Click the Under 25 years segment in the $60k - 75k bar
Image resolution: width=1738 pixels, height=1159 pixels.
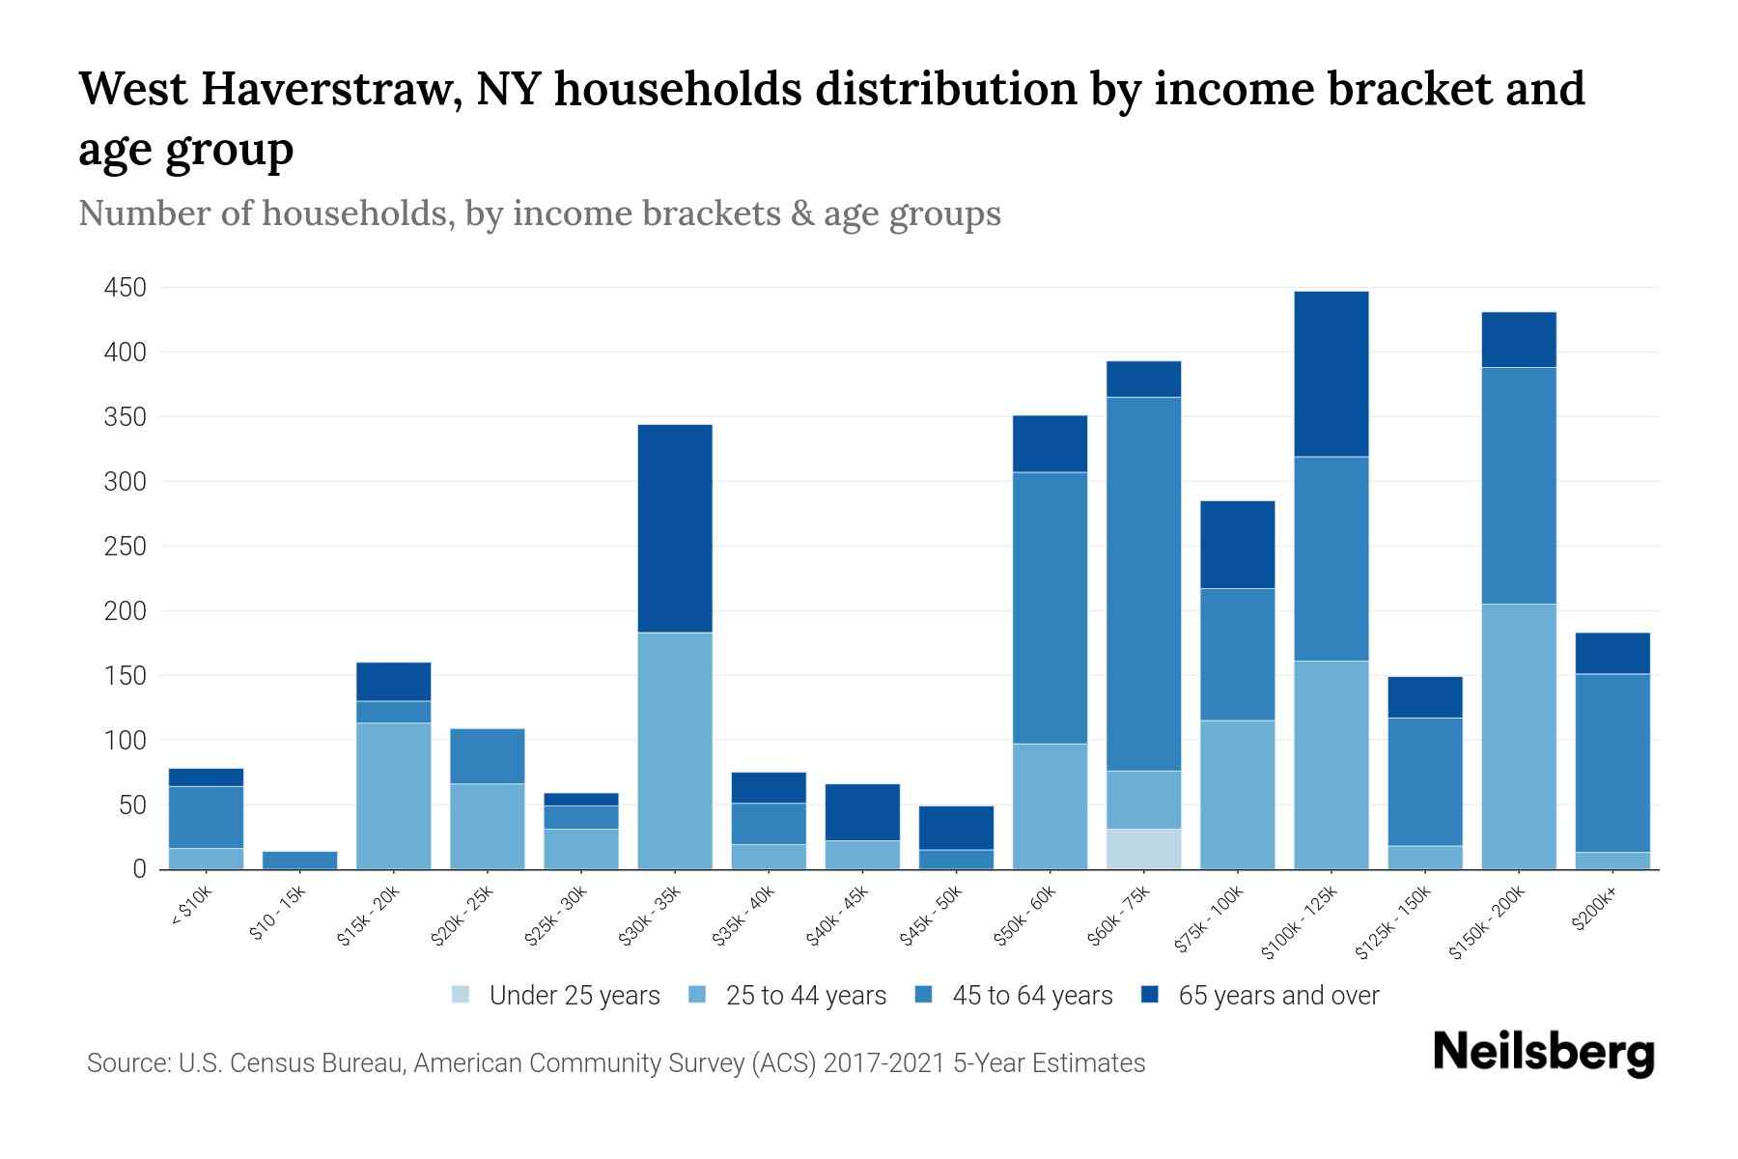pyautogui.click(x=1143, y=848)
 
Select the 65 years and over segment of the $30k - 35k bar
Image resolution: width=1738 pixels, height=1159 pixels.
pyautogui.click(x=675, y=528)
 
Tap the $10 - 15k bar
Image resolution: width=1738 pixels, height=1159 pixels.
pyautogui.click(x=299, y=860)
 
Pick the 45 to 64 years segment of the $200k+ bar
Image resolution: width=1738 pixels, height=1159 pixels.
pyautogui.click(x=1612, y=763)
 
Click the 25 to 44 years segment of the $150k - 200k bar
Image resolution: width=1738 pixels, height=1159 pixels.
pyautogui.click(x=1519, y=736)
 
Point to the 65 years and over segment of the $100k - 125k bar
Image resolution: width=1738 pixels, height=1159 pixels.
pyautogui.click(x=1331, y=374)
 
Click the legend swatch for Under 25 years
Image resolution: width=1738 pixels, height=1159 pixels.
pyautogui.click(x=462, y=995)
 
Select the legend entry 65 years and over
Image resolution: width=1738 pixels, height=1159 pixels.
pyautogui.click(x=1277, y=995)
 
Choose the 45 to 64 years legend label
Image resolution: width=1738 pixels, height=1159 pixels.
pyautogui.click(x=1031, y=995)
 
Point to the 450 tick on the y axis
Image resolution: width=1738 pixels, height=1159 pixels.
pyautogui.click(x=126, y=288)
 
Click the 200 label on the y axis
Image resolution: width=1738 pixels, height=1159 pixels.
pyautogui.click(x=126, y=611)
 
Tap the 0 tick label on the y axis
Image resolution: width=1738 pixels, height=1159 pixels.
pyautogui.click(x=139, y=869)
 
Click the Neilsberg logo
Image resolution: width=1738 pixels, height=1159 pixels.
pyautogui.click(x=1543, y=1053)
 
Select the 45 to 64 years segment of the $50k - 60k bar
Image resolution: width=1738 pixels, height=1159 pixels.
pyautogui.click(x=1050, y=608)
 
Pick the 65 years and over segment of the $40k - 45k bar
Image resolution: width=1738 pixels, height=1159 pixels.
pyautogui.click(x=862, y=811)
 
